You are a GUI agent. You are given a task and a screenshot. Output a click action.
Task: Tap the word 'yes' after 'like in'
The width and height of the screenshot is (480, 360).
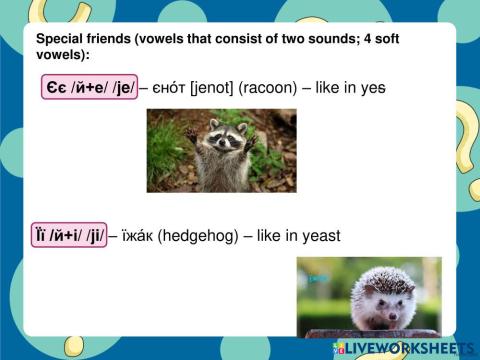click(x=373, y=88)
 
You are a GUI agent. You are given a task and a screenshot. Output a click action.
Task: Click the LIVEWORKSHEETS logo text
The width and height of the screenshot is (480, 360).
click(x=410, y=348)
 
